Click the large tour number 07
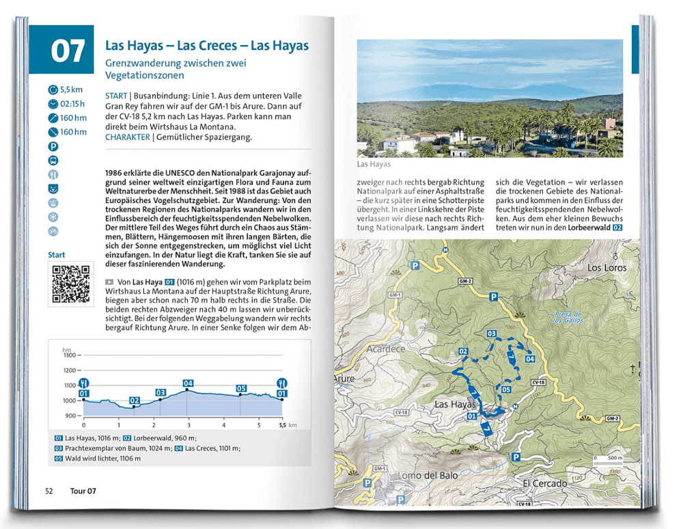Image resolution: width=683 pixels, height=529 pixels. (68, 51)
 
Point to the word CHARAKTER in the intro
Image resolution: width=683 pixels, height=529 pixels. (128, 137)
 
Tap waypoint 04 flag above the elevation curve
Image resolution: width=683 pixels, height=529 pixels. (188, 383)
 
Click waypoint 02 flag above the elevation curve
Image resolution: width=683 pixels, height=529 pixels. (135, 401)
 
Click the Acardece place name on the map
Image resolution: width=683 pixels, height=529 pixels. (386, 349)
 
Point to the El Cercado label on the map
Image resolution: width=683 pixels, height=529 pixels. (544, 484)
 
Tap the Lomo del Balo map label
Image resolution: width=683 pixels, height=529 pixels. (415, 476)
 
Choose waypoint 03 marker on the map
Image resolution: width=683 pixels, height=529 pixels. (490, 333)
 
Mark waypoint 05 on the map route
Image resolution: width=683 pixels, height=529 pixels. (506, 390)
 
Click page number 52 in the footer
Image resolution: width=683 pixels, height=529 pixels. (49, 491)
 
